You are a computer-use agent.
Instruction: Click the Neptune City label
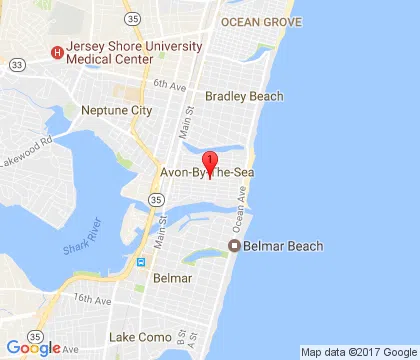pyautogui.click(x=116, y=110)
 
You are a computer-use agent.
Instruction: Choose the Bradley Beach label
pyautogui.click(x=243, y=97)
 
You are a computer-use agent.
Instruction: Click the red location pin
pyautogui.click(x=210, y=161)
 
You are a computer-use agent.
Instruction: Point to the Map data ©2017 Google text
pyautogui.click(x=359, y=352)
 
